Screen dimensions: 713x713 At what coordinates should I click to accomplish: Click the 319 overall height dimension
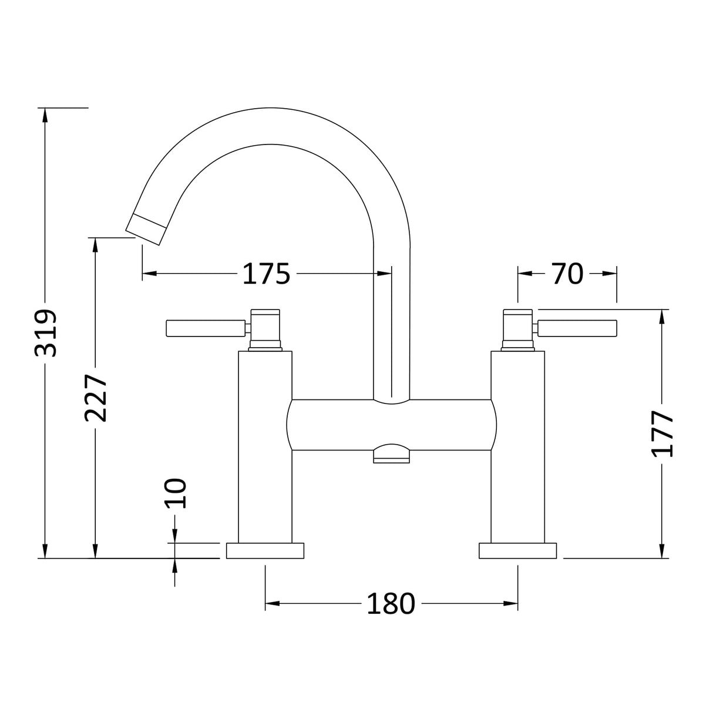(x=46, y=332)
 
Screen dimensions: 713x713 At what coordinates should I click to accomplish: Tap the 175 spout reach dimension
(x=267, y=274)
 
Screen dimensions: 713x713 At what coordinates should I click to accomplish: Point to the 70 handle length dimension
(x=567, y=274)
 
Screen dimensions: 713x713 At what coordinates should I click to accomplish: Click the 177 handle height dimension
(x=663, y=433)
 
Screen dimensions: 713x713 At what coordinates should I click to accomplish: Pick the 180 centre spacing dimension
(x=391, y=603)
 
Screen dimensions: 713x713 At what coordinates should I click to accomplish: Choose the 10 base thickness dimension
(x=175, y=492)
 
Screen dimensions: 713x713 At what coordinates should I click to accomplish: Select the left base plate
(x=265, y=551)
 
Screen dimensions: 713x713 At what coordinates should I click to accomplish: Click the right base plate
(x=517, y=551)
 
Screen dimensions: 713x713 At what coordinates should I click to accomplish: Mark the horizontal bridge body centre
(x=391, y=425)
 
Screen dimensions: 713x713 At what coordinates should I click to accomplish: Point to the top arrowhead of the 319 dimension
(x=44, y=114)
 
